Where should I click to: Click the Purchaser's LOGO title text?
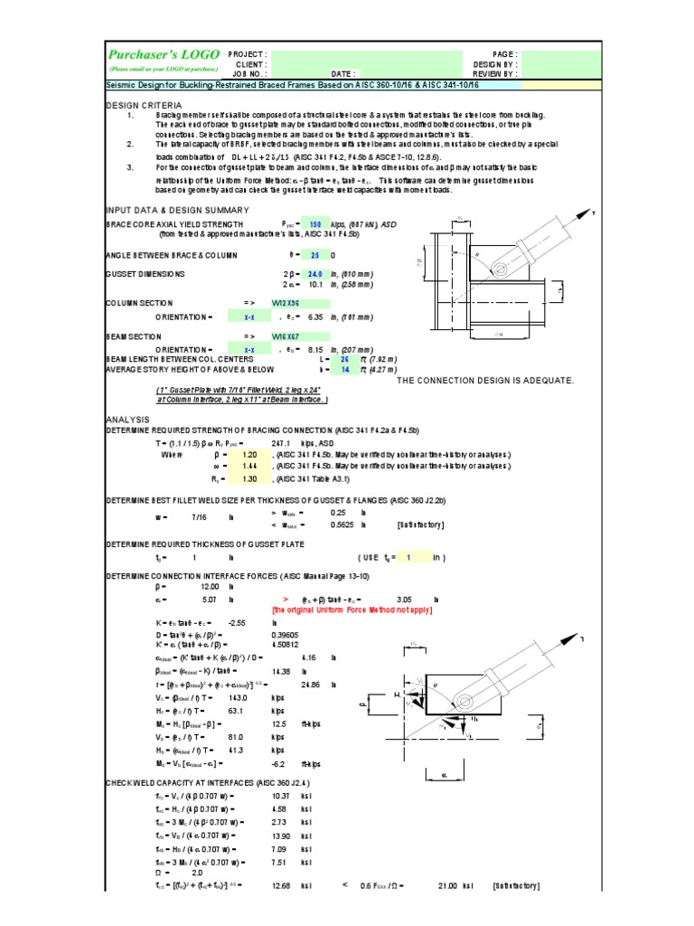pyautogui.click(x=163, y=54)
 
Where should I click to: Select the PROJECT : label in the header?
pyautogui.click(x=248, y=55)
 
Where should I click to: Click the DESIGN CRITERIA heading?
pyautogui.click(x=142, y=105)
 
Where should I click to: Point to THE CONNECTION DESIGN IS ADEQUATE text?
pyautogui.click(x=485, y=381)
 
